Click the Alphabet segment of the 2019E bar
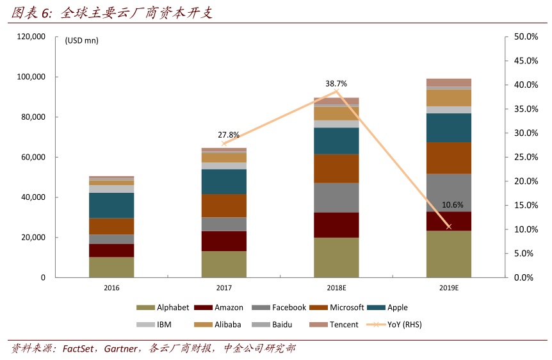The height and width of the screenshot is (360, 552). coord(448,254)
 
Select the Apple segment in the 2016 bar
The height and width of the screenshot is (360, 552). coord(111,205)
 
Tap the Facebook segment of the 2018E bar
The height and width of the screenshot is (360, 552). coord(336,197)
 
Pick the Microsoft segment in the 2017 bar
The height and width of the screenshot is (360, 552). coord(223,206)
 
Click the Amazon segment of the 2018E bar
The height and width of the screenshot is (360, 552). coord(336,225)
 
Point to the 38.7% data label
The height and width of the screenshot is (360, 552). coord(336,83)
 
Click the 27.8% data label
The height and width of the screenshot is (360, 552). coord(229,135)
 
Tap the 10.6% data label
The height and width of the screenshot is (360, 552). coord(452,205)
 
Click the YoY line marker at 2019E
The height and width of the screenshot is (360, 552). coord(448,227)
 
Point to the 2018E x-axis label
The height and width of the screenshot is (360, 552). coord(336,288)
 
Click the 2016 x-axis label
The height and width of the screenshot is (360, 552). coord(111,288)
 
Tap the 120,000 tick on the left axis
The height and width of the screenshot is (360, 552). coord(31,37)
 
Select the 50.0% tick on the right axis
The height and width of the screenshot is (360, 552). coord(526,37)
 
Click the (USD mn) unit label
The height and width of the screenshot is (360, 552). coord(81,40)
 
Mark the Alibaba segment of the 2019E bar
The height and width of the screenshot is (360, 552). coord(448,97)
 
